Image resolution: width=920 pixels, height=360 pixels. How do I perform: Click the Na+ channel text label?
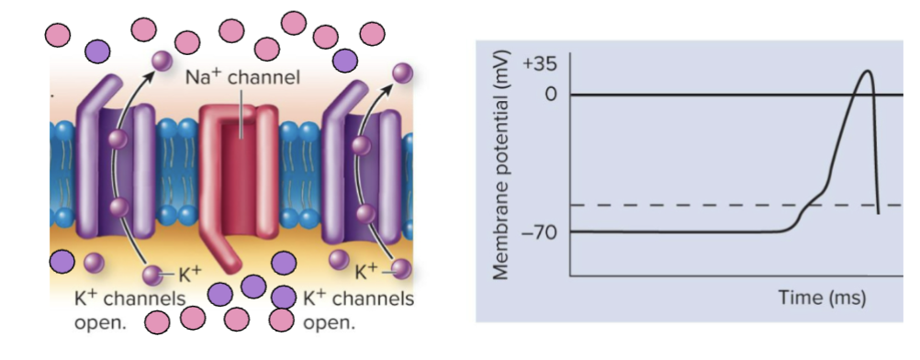click(x=242, y=76)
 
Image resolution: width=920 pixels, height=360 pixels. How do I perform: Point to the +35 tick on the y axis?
click(x=540, y=65)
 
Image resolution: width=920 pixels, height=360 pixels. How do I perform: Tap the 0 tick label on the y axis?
click(x=551, y=95)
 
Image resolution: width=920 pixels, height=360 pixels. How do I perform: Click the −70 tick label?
click(x=539, y=232)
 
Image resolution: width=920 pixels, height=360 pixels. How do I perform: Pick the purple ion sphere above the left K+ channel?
click(x=162, y=61)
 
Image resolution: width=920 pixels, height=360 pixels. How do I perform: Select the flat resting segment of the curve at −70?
click(x=679, y=231)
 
